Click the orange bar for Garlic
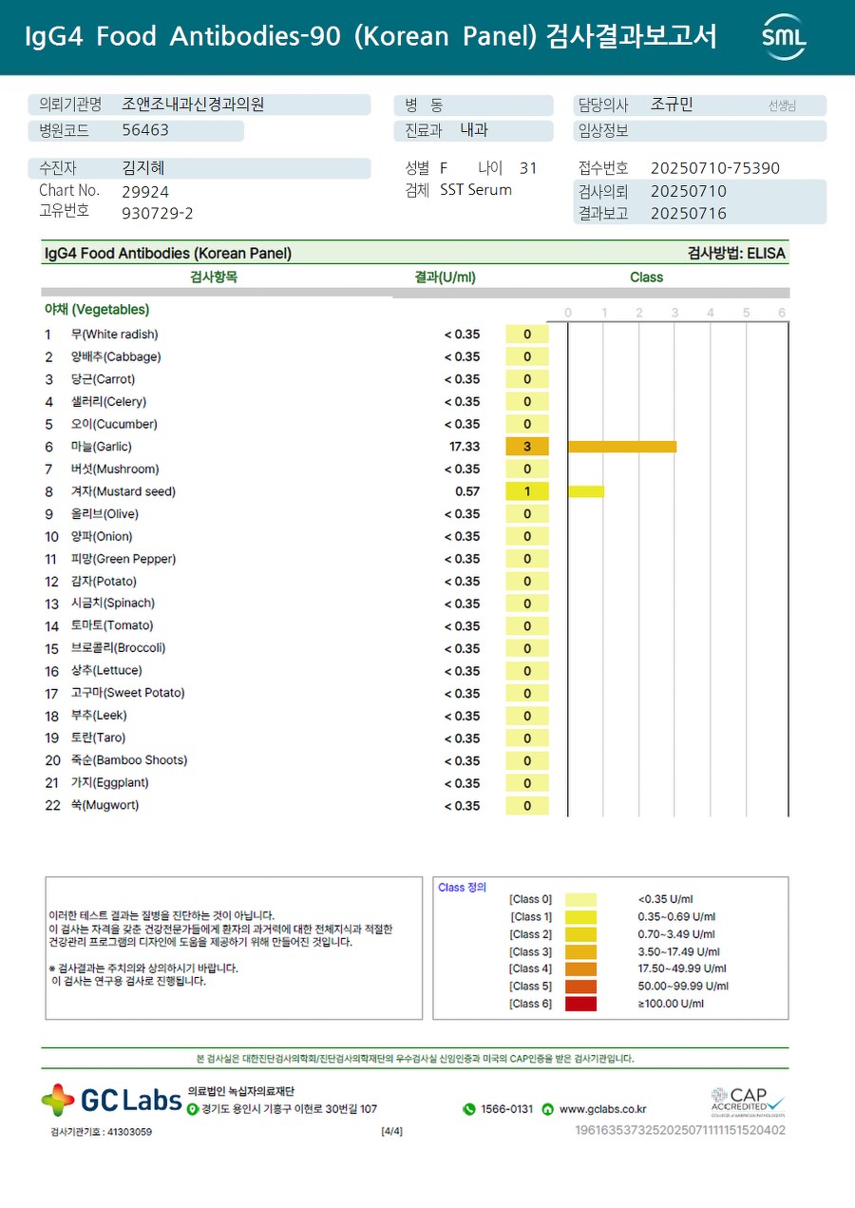622,447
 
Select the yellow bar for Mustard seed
586,491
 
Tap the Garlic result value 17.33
465,447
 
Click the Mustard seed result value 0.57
467,491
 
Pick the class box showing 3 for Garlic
527,447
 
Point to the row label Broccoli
118,648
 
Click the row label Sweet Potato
127,693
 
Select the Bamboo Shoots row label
128,760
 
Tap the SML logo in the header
784,37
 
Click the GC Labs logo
111,1101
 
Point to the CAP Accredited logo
749,1103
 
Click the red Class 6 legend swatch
580,1004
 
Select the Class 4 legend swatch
580,968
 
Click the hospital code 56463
145,130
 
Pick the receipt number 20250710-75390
715,168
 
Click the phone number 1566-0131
506,1109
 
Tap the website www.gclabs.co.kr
602,1109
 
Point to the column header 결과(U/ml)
446,278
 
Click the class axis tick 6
782,313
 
